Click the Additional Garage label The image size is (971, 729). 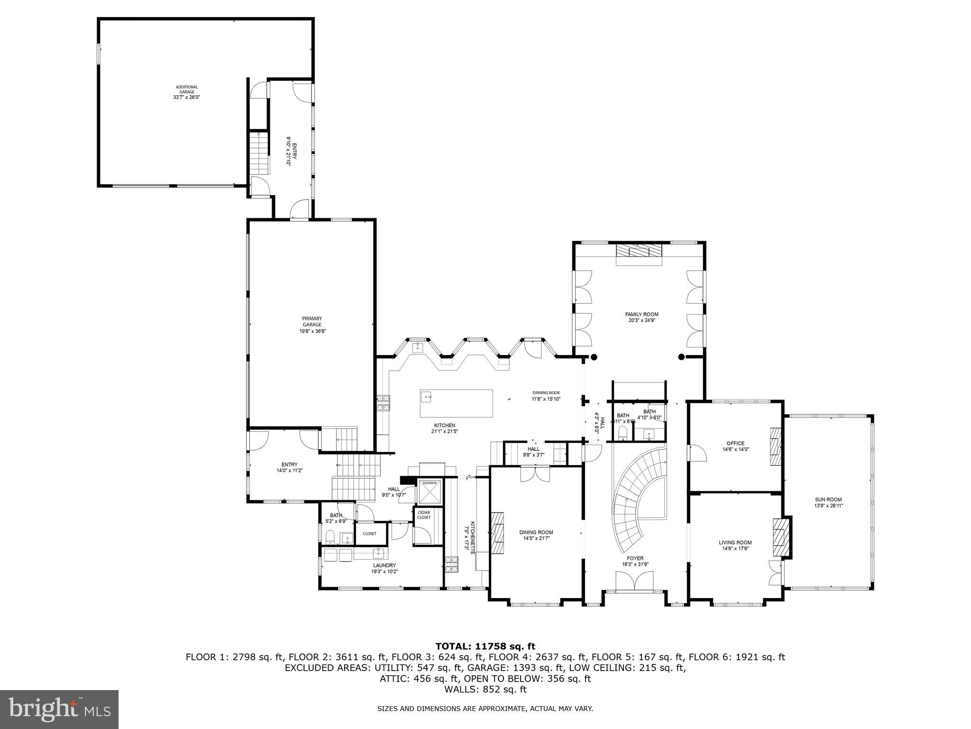(187, 92)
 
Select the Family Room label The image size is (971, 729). (641, 317)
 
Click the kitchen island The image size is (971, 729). (456, 403)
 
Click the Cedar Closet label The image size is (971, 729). (424, 515)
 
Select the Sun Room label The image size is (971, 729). (828, 502)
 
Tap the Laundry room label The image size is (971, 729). (384, 568)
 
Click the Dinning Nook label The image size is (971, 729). (546, 396)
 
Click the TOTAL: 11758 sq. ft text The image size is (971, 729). (485, 646)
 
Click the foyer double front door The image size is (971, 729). (634, 581)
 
